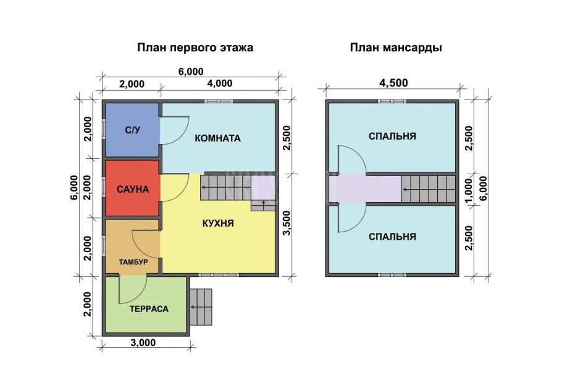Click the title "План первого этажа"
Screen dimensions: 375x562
point(195,48)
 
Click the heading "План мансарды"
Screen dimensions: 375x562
point(396,48)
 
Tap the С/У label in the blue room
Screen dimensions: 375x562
point(132,130)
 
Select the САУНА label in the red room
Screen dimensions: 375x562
point(133,189)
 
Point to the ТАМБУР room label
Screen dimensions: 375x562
point(133,262)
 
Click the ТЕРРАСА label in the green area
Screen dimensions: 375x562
point(149,308)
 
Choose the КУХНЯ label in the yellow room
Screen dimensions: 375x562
point(217,224)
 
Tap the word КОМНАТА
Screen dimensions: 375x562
point(217,138)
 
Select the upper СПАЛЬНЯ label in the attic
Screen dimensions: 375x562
point(392,137)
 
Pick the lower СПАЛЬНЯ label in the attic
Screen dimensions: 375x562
point(392,237)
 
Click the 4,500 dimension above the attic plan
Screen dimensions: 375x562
point(392,83)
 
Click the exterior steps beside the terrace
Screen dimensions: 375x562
point(201,306)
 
